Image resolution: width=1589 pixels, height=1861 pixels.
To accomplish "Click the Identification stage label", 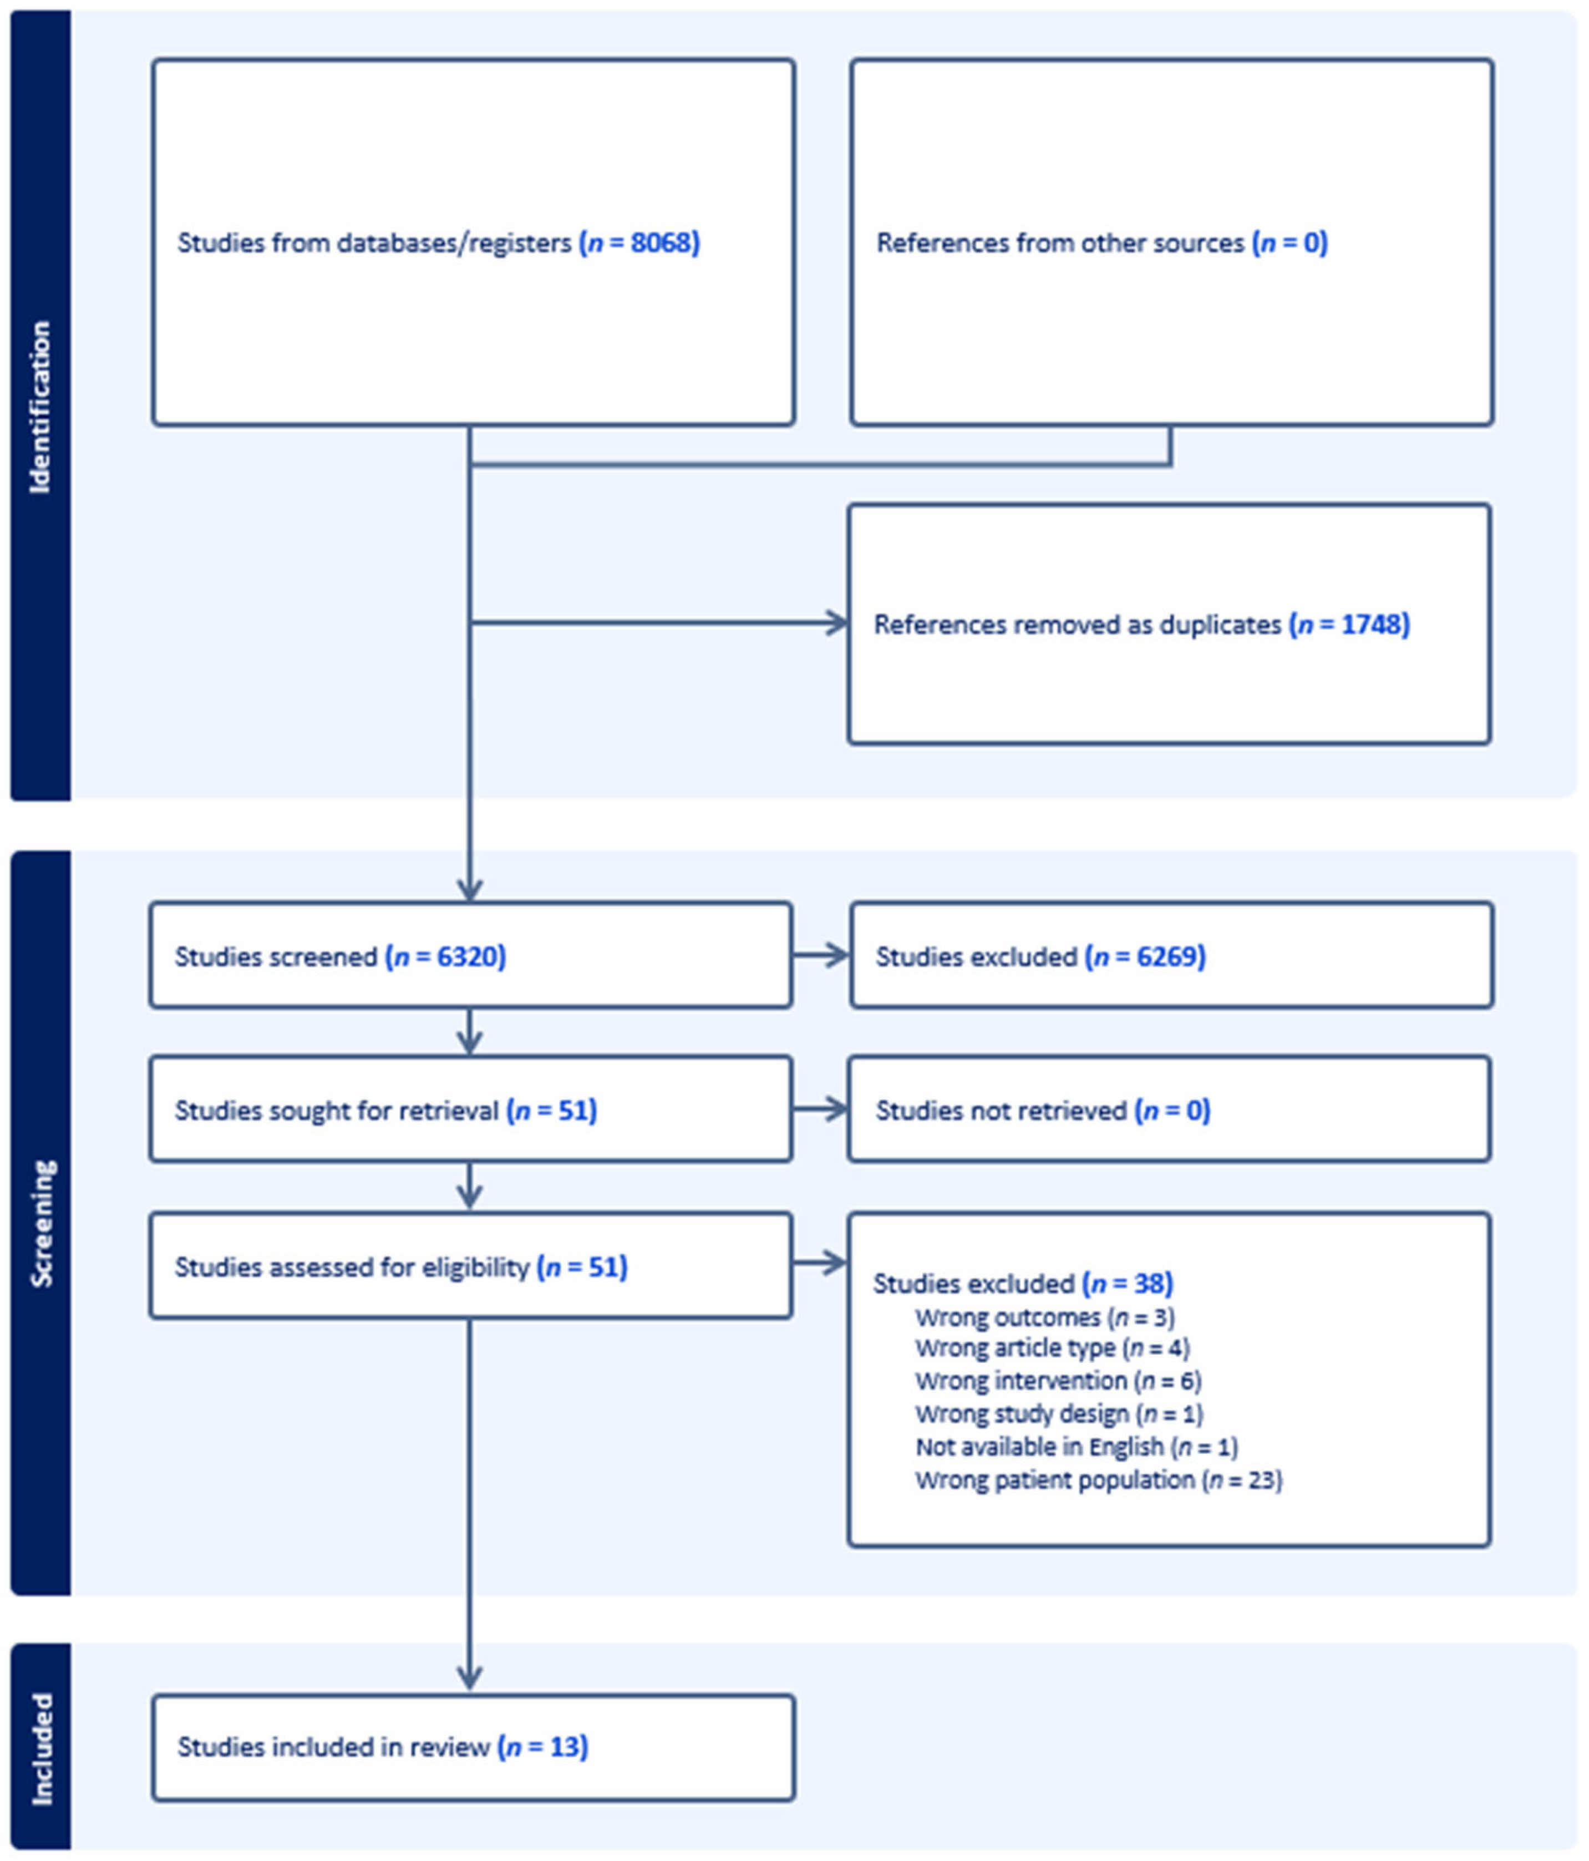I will click(x=40, y=407).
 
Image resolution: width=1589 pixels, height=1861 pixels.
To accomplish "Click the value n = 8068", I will click(x=639, y=242).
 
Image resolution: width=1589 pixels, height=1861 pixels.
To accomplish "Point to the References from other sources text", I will click(x=1060, y=242).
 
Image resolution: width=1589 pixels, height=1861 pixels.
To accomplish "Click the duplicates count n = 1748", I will click(x=1349, y=624).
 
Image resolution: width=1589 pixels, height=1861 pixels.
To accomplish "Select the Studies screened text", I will click(x=276, y=956).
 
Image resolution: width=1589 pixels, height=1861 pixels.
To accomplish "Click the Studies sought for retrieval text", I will click(x=336, y=1110).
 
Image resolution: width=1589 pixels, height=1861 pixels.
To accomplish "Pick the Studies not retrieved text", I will click(x=1001, y=1110).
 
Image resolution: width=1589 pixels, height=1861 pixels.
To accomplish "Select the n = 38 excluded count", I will click(x=1128, y=1284).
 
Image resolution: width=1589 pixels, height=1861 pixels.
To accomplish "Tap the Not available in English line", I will click(x=1076, y=1447).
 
